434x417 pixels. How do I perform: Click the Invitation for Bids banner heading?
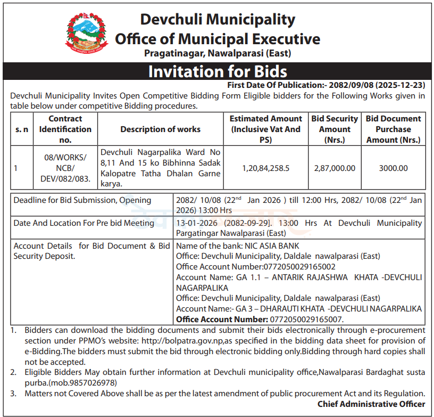(217, 71)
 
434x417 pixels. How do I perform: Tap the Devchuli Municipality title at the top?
(217, 20)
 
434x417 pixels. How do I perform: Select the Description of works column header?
(160, 129)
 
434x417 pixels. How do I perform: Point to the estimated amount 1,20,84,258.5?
(265, 168)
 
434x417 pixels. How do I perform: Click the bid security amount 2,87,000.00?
(335, 168)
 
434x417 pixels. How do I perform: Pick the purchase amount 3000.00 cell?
(393, 168)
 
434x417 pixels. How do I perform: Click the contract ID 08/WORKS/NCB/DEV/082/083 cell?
(65, 168)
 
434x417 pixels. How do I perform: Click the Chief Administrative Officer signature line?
(371, 404)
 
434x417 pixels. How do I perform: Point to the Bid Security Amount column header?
(335, 129)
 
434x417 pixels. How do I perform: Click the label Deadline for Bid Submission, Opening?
(82, 200)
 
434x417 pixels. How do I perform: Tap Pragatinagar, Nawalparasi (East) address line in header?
(218, 53)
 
